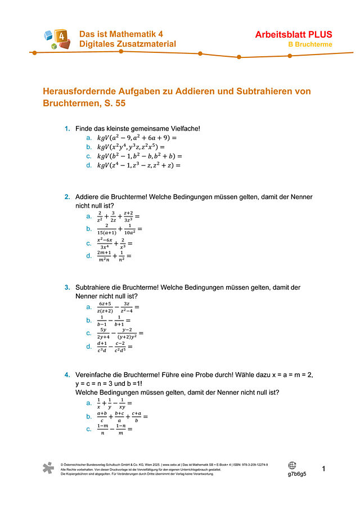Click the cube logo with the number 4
pyautogui.click(x=58, y=39)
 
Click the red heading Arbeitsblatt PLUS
pyautogui.click(x=294, y=35)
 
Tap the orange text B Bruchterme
pyautogui.click(x=310, y=44)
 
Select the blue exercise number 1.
pyautogui.click(x=67, y=129)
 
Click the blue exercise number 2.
pyautogui.click(x=67, y=197)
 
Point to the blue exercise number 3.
pyautogui.click(x=67, y=287)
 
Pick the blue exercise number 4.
pyautogui.click(x=67, y=375)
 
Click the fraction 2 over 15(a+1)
pyautogui.click(x=106, y=229)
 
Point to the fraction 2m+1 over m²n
pyautogui.click(x=103, y=256)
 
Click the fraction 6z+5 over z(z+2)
pyautogui.click(x=105, y=307)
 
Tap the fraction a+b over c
pyautogui.click(x=102, y=416)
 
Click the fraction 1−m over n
pyautogui.click(x=101, y=429)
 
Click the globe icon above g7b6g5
pyautogui.click(x=292, y=465)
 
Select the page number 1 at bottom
pyautogui.click(x=324, y=469)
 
